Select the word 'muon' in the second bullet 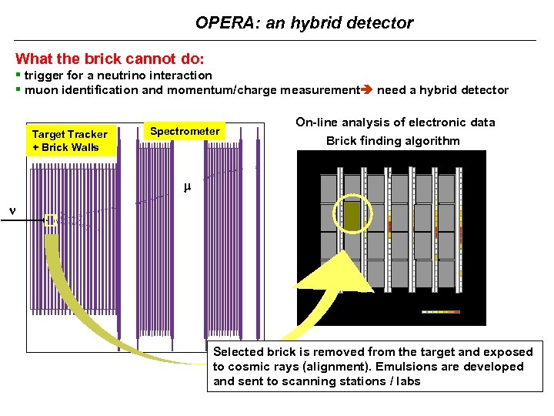tap(41, 90)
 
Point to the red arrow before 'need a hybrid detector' tap(367, 90)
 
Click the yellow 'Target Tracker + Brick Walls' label tap(70, 141)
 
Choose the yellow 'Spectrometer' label tap(185, 131)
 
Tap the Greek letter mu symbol tap(185, 186)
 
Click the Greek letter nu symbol tap(11, 209)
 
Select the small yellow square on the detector tap(51, 220)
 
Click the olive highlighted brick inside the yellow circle tap(352, 216)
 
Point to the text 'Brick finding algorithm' tap(393, 141)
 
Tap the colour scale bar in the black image tap(441, 312)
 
